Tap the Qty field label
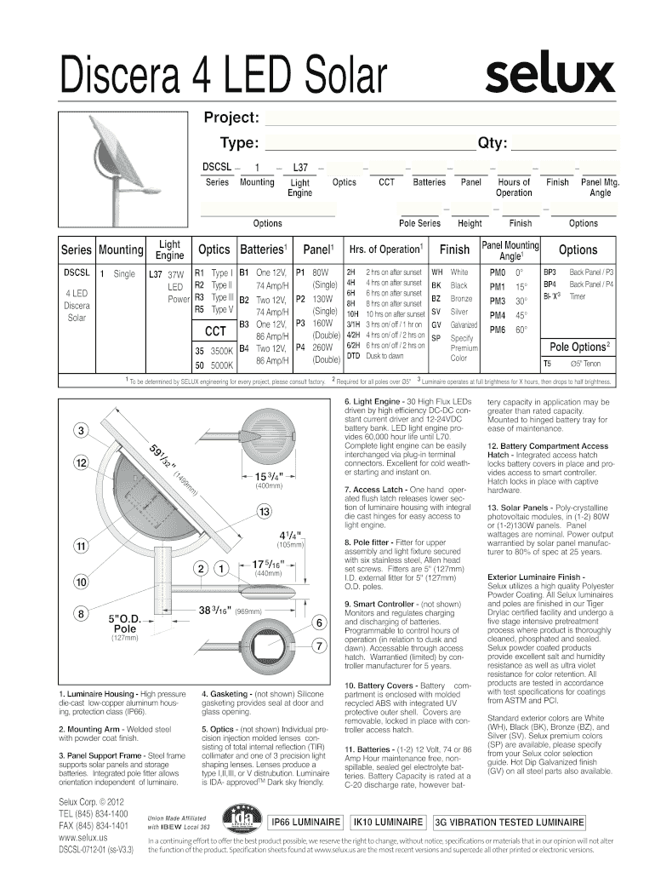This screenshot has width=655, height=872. [493, 142]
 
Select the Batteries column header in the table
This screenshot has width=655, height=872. [262, 250]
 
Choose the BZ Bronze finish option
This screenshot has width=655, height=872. [452, 299]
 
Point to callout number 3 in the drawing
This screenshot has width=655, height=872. [81, 431]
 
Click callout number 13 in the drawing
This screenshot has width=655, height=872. [265, 511]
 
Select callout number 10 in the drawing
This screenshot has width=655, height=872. [81, 582]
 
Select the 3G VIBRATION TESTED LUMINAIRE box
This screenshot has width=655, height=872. [509, 823]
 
